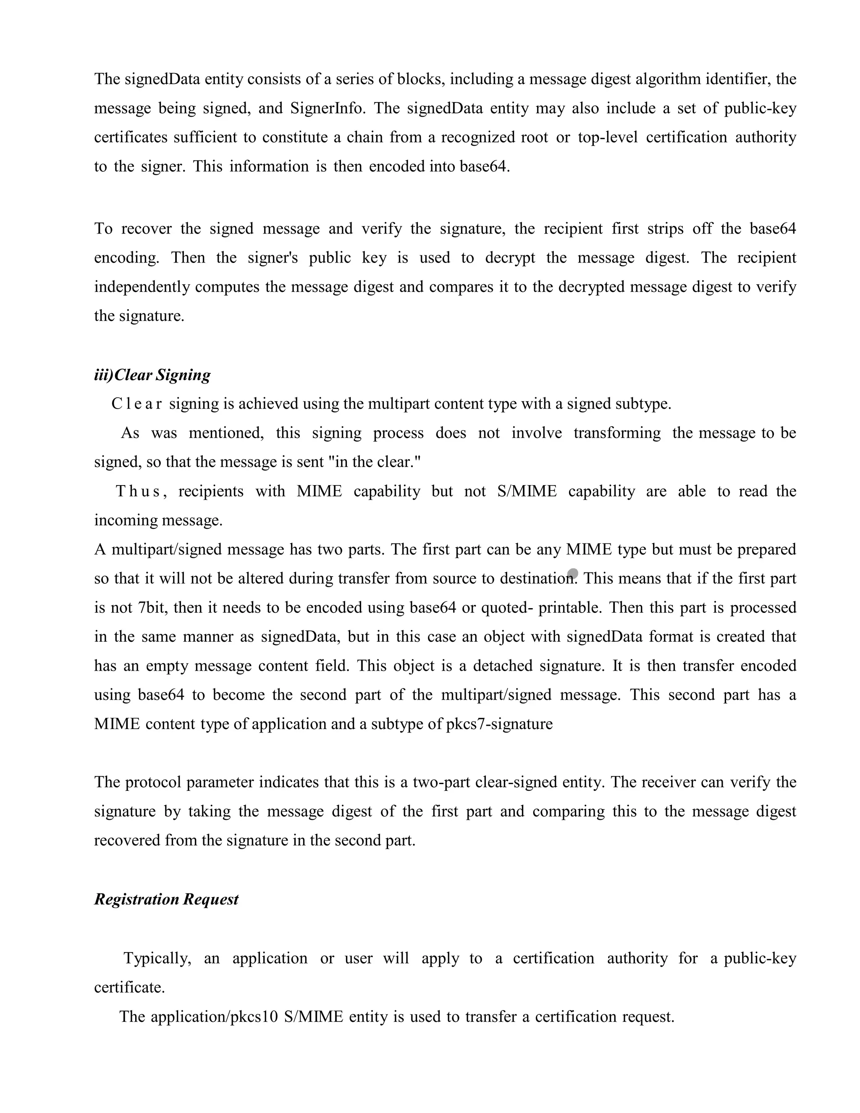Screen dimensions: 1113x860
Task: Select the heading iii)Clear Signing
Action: tap(152, 375)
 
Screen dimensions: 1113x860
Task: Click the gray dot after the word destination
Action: tap(573, 574)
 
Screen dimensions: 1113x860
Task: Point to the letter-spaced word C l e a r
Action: tap(136, 404)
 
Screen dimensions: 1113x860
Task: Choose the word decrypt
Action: tap(510, 258)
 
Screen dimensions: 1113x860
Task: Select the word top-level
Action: tap(608, 138)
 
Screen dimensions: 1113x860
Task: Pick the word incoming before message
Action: tap(125, 520)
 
